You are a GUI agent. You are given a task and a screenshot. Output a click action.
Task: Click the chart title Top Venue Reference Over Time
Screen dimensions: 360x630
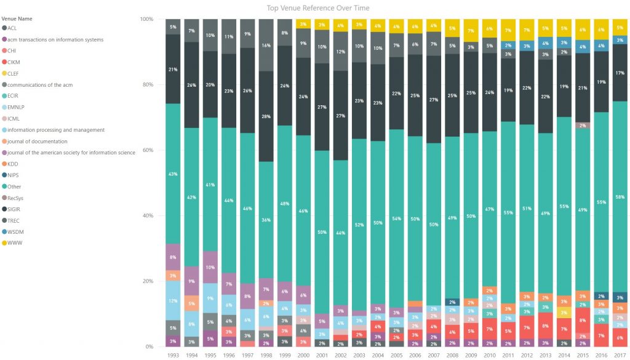pyautogui.click(x=318, y=7)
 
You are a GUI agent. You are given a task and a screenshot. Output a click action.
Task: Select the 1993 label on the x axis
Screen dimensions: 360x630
pyautogui.click(x=173, y=355)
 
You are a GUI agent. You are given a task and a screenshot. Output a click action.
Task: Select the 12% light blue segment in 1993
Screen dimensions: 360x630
pyautogui.click(x=173, y=300)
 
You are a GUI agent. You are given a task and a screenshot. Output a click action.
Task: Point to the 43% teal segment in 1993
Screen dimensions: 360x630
pyautogui.click(x=173, y=174)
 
